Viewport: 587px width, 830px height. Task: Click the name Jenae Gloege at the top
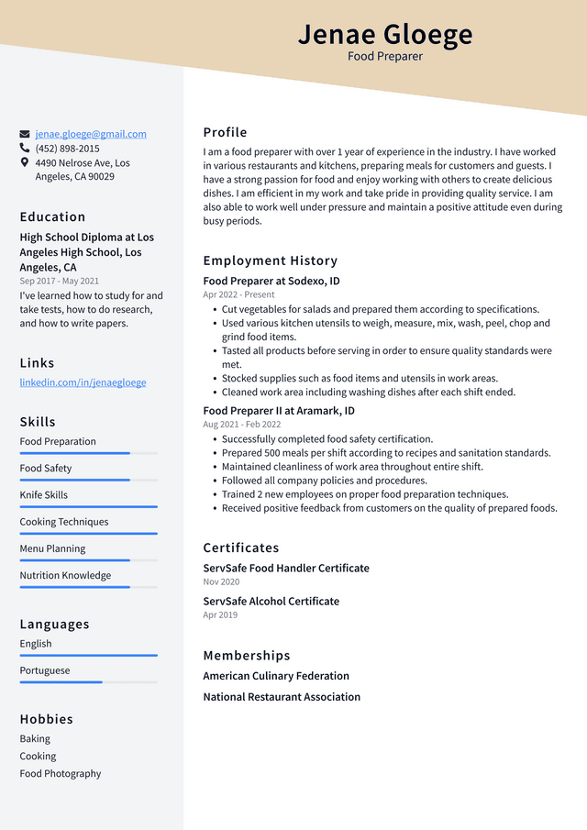click(385, 35)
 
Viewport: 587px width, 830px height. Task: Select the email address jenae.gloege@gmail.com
click(91, 134)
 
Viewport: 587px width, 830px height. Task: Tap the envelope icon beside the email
click(25, 134)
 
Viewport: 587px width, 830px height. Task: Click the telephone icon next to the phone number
click(25, 148)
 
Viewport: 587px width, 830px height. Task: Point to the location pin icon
click(25, 162)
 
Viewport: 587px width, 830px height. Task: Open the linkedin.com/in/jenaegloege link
click(83, 382)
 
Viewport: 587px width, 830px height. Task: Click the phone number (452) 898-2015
click(67, 149)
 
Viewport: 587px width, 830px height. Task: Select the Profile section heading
click(225, 132)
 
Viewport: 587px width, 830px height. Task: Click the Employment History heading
click(270, 260)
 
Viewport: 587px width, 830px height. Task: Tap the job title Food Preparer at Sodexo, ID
click(271, 282)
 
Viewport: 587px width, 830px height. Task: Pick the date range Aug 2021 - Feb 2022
click(242, 425)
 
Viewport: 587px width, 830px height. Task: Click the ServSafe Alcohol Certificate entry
click(271, 602)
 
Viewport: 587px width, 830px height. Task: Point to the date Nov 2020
click(221, 581)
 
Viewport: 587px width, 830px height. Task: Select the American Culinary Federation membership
click(276, 676)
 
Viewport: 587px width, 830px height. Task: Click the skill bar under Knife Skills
click(88, 506)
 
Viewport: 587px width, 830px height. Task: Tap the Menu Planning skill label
click(52, 548)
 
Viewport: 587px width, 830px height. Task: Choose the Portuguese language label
click(45, 670)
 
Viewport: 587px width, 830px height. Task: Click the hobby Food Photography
click(61, 773)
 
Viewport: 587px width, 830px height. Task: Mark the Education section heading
click(52, 216)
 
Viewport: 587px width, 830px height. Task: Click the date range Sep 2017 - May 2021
click(60, 281)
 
